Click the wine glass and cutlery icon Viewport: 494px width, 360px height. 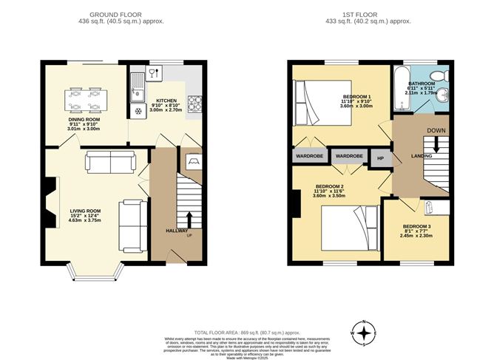pyautogui.click(x=154, y=72)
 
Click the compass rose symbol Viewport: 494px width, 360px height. pyautogui.click(x=363, y=332)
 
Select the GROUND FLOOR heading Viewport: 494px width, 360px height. pyautogui.click(x=124, y=14)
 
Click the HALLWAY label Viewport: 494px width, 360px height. pyautogui.click(x=177, y=231)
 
